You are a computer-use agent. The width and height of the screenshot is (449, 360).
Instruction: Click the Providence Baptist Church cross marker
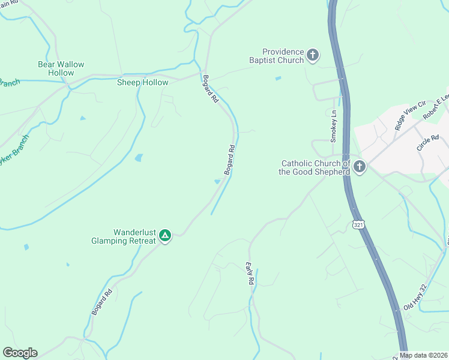pos(312,56)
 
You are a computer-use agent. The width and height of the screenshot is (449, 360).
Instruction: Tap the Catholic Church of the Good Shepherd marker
pos(360,167)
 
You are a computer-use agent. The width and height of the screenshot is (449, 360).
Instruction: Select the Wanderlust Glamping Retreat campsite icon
pos(165,236)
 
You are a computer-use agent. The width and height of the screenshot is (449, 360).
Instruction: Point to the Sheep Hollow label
pos(142,82)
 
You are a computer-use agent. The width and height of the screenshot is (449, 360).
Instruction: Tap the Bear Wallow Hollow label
pos(61,68)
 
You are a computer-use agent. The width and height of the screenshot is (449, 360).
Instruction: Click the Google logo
pos(20,353)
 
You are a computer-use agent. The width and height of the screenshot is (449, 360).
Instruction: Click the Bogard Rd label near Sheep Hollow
pos(210,89)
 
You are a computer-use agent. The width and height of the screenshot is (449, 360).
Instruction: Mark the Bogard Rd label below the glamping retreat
pos(102,302)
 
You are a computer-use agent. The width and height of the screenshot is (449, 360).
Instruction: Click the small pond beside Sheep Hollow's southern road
pos(139,158)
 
